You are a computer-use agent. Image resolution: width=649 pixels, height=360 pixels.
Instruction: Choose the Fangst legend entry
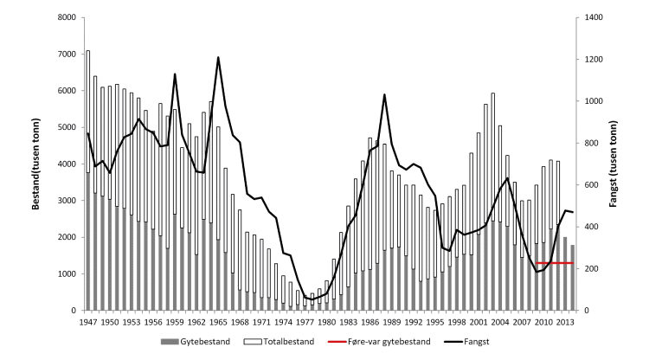point(472,342)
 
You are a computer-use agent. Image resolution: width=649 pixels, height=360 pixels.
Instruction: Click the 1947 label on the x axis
point(87,322)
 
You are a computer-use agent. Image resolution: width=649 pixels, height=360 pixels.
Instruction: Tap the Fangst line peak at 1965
point(218,58)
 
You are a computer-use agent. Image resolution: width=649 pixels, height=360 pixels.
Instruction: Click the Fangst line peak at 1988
point(384,95)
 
